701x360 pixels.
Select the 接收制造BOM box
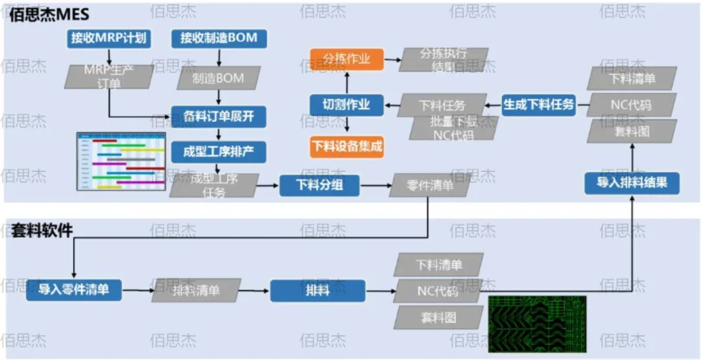coord(219,38)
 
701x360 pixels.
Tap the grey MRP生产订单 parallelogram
coord(109,77)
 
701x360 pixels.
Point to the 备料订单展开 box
coord(219,117)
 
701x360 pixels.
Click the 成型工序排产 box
coord(219,152)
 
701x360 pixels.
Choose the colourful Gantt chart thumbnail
coord(121,162)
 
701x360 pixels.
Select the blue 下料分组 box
coord(319,186)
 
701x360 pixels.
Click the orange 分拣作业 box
coord(347,59)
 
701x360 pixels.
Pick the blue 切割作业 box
coord(347,104)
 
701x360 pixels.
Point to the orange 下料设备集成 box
coord(347,147)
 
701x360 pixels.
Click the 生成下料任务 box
coord(539,104)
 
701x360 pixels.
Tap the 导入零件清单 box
coord(75,289)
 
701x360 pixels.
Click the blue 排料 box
coord(317,290)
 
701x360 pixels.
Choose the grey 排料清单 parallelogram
coord(196,290)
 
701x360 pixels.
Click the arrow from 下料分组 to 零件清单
coord(375,186)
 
